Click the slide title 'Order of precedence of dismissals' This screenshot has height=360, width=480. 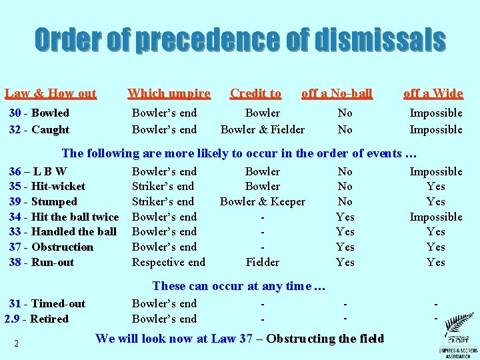click(x=240, y=40)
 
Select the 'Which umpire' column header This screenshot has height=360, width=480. click(x=169, y=94)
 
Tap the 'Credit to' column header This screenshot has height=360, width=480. click(x=255, y=94)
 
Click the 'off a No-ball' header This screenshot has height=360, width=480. click(x=337, y=94)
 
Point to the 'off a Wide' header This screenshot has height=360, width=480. click(x=433, y=94)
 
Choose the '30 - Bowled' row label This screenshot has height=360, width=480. click(x=39, y=113)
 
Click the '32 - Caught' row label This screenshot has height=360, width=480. click(x=39, y=129)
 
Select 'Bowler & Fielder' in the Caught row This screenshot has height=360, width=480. click(x=263, y=129)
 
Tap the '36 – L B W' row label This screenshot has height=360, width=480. click(x=37, y=171)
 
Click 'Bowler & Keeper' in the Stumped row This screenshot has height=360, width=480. click(x=263, y=201)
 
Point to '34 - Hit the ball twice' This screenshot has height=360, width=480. click(x=63, y=217)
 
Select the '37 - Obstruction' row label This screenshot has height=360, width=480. click(x=51, y=247)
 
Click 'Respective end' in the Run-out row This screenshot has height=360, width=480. click(x=169, y=262)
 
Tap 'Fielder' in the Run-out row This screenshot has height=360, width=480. click(x=263, y=262)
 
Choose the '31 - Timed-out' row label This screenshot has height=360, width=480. click(x=47, y=304)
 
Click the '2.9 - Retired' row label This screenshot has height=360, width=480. click(x=36, y=319)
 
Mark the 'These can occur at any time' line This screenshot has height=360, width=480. click(x=239, y=286)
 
